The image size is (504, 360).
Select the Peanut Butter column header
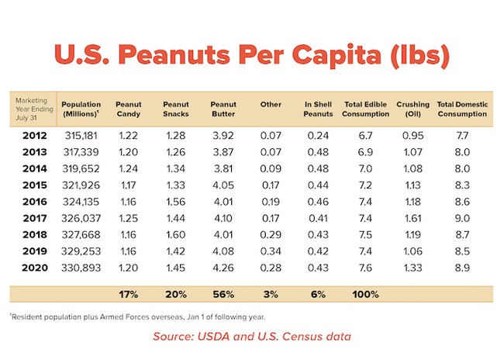click(223, 109)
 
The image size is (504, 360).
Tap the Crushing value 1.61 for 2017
click(412, 217)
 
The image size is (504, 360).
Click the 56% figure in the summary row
click(223, 295)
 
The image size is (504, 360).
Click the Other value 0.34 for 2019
click(271, 251)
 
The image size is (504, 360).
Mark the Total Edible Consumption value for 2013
click(364, 151)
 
